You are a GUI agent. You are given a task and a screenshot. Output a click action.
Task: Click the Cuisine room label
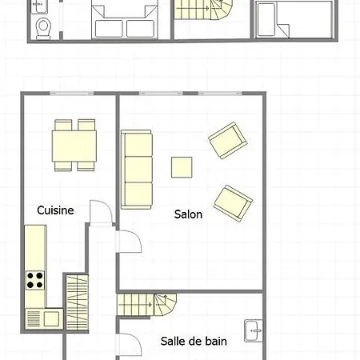[55, 210]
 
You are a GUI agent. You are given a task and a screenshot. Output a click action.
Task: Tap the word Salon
[188, 214]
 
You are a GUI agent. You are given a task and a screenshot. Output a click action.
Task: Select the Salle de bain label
[194, 342]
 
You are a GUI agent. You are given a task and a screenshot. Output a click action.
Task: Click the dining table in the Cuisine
[74, 146]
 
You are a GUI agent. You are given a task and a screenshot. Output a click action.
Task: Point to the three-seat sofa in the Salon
[137, 170]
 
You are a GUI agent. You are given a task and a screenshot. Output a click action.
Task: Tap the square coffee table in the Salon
[182, 167]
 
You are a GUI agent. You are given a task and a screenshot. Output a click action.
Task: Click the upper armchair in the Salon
[228, 140]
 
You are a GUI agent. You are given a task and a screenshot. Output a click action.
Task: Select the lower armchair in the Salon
[233, 203]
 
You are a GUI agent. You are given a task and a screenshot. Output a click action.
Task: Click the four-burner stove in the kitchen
[35, 280]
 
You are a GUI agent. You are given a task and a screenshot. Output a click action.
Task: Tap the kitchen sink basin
[51, 318]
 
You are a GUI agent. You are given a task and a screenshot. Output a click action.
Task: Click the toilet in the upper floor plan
[43, 28]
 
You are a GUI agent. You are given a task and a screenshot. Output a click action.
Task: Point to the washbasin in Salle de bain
[254, 330]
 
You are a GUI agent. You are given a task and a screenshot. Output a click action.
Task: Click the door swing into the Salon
[129, 242]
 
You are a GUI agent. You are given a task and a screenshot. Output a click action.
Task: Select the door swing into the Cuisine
[101, 212]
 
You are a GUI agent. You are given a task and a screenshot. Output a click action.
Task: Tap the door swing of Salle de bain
[129, 345]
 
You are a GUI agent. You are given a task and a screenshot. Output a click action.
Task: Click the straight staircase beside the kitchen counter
[77, 302]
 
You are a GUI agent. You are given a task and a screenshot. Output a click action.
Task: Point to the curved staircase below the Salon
[147, 305]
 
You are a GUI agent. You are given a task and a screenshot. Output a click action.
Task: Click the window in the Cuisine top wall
[72, 94]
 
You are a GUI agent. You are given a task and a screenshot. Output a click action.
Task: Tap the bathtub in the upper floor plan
[266, 20]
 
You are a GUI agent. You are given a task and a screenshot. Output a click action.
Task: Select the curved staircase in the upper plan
[203, 10]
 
